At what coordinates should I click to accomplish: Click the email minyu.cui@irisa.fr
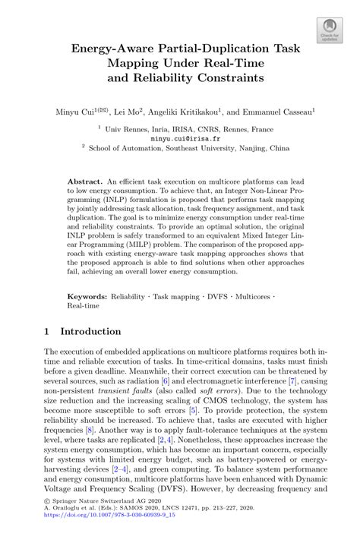181,140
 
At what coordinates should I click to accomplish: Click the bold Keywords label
87,293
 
